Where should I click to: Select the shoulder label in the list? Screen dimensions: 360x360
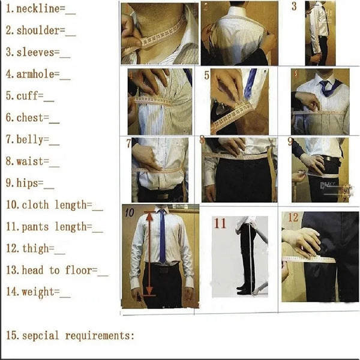tap(37, 31)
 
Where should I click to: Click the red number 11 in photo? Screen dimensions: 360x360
tap(220, 224)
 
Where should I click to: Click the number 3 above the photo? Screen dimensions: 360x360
tap(294, 7)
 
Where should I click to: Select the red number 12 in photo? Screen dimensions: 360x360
tap(292, 217)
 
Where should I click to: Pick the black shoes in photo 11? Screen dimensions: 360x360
tap(244, 290)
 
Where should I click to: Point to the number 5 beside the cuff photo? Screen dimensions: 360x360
tap(207, 76)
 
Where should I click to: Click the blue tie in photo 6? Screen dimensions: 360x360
tap(325, 88)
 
